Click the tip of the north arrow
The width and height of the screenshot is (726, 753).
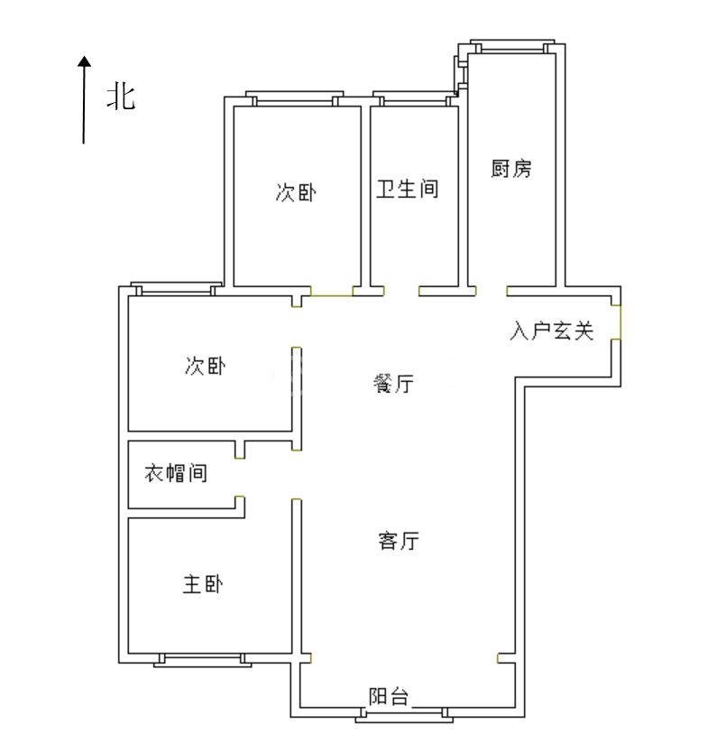click(85, 56)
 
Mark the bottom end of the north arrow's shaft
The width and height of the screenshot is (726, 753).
click(84, 144)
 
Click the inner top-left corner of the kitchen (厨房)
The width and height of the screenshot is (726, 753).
click(469, 54)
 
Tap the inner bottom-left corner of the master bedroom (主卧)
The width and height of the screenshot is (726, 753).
click(129, 653)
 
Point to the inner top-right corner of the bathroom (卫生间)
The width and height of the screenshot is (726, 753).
click(458, 107)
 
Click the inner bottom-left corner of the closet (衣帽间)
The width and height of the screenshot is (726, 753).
click(129, 507)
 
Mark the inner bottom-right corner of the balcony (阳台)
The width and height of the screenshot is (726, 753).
click(515, 707)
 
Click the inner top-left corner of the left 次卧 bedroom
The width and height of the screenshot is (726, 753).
click(129, 296)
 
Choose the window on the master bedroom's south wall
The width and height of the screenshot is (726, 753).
click(203, 659)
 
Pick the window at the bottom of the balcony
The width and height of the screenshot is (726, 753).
click(404, 714)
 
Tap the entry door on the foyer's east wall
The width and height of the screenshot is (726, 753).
click(620, 322)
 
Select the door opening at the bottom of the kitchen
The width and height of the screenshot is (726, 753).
click(492, 291)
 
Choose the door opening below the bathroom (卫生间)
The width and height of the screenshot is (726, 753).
click(401, 291)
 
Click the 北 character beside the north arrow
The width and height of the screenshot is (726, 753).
click(121, 97)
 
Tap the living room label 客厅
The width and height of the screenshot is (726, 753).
click(399, 540)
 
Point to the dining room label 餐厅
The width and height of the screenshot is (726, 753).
click(393, 383)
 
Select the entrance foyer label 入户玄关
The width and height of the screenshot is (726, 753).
click(552, 330)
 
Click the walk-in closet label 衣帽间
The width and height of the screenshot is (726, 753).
click(176, 473)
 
